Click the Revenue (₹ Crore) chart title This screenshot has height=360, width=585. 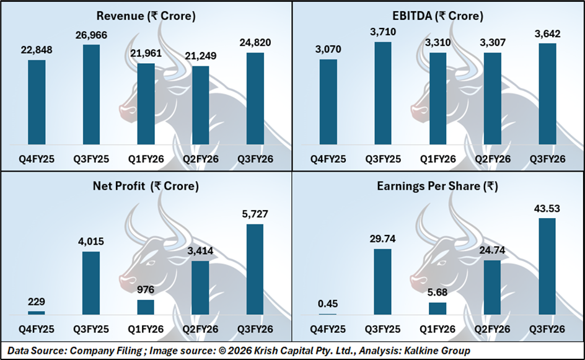click(146, 15)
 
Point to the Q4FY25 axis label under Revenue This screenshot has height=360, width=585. click(37, 159)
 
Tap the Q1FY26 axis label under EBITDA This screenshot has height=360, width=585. click(438, 159)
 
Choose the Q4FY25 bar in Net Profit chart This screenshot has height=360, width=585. click(37, 313)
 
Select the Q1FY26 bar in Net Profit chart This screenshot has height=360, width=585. click(146, 307)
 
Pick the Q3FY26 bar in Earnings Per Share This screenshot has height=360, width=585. click(547, 266)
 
